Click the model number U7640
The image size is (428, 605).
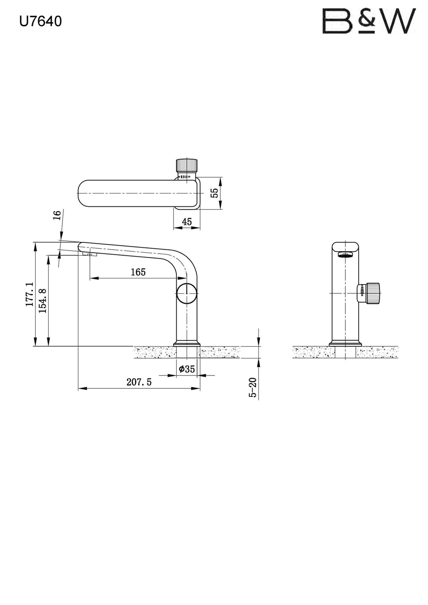click(x=41, y=21)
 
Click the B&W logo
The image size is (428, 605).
click(x=369, y=21)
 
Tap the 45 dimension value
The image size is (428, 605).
click(x=187, y=222)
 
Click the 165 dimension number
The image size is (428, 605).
click(x=138, y=272)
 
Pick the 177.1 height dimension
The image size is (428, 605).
click(x=30, y=294)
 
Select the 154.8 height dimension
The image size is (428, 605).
click(x=43, y=301)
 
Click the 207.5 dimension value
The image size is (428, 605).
click(x=139, y=382)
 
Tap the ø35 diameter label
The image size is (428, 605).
click(x=187, y=369)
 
